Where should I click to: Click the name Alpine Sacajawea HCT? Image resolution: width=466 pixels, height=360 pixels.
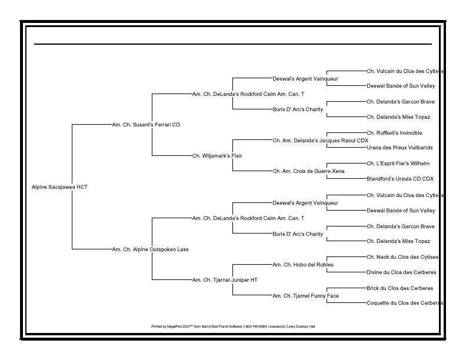click(x=59, y=187)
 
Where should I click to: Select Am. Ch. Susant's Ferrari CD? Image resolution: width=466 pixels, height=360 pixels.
click(x=146, y=125)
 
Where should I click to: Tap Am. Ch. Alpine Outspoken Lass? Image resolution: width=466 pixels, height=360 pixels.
click(x=150, y=249)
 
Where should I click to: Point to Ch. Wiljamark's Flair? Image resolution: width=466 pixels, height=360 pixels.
click(x=217, y=156)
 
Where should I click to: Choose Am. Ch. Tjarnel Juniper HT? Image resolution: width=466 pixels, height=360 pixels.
click(x=225, y=281)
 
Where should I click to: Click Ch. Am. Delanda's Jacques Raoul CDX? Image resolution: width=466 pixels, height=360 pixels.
click(x=320, y=141)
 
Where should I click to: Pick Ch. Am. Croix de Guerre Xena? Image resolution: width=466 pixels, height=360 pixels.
click(x=308, y=171)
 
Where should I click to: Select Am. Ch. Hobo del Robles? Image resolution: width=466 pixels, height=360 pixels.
click(x=303, y=265)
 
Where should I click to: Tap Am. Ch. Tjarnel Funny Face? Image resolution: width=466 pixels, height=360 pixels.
click(x=305, y=296)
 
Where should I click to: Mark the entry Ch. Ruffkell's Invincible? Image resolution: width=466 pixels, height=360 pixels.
click(x=394, y=133)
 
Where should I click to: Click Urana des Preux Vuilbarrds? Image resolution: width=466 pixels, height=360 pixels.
click(x=400, y=148)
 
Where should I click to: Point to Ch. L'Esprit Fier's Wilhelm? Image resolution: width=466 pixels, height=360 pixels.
click(x=398, y=164)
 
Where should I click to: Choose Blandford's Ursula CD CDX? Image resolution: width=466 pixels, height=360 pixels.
click(x=400, y=179)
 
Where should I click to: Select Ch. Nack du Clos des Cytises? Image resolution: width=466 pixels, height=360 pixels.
click(x=402, y=257)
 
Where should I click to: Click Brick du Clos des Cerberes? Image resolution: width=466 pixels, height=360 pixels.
click(x=400, y=288)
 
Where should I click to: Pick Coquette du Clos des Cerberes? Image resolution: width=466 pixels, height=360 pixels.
click(x=404, y=304)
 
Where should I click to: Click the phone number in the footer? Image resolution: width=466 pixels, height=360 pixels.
click(x=255, y=326)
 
